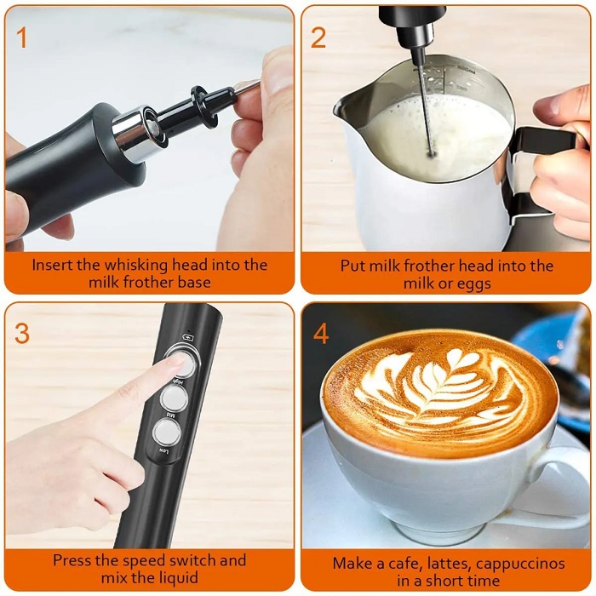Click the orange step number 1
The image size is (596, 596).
point(22,37)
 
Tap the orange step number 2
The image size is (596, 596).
point(318,37)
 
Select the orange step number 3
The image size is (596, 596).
point(22,333)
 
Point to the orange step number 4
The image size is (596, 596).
point(320,333)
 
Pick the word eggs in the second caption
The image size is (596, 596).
point(474,284)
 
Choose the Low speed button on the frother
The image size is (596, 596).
point(161,432)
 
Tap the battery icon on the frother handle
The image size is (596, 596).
point(190,337)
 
